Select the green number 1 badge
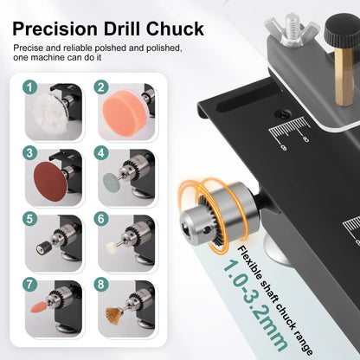point(30,87)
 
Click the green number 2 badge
point(102,87)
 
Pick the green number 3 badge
point(30,153)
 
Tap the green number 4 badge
point(102,153)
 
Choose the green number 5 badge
point(30,220)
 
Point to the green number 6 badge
point(102,220)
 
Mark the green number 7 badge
point(30,284)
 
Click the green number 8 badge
point(102,284)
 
